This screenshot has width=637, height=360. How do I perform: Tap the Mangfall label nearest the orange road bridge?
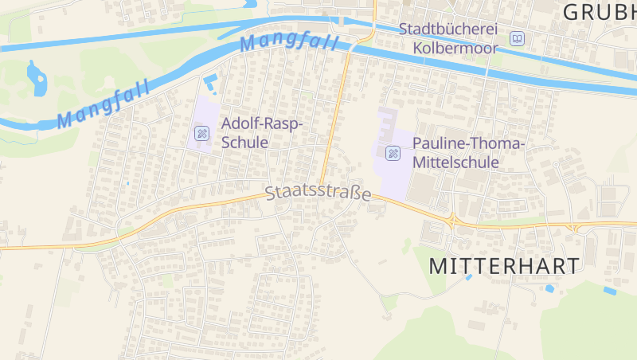[x=290, y=41]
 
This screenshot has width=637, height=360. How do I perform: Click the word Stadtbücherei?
[x=448, y=29]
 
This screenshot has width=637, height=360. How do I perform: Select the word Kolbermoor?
[x=455, y=48]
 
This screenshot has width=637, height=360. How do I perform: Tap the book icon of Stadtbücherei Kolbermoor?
[x=518, y=38]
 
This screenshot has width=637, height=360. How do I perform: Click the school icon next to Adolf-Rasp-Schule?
[x=202, y=133]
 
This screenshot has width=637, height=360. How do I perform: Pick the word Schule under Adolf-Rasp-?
[x=244, y=143]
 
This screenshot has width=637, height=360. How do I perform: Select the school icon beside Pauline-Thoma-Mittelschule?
[x=393, y=153]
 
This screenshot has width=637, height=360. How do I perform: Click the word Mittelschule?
[x=455, y=162]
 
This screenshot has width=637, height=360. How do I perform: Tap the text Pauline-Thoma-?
[x=469, y=143]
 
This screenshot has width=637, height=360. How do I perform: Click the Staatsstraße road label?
[x=318, y=193]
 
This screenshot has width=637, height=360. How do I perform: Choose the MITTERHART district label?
[x=504, y=267]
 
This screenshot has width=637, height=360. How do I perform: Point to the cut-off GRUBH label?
[x=599, y=11]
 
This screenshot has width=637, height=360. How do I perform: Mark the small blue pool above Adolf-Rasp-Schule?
[x=210, y=82]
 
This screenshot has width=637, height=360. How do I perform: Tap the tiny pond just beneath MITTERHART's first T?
[x=469, y=277]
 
